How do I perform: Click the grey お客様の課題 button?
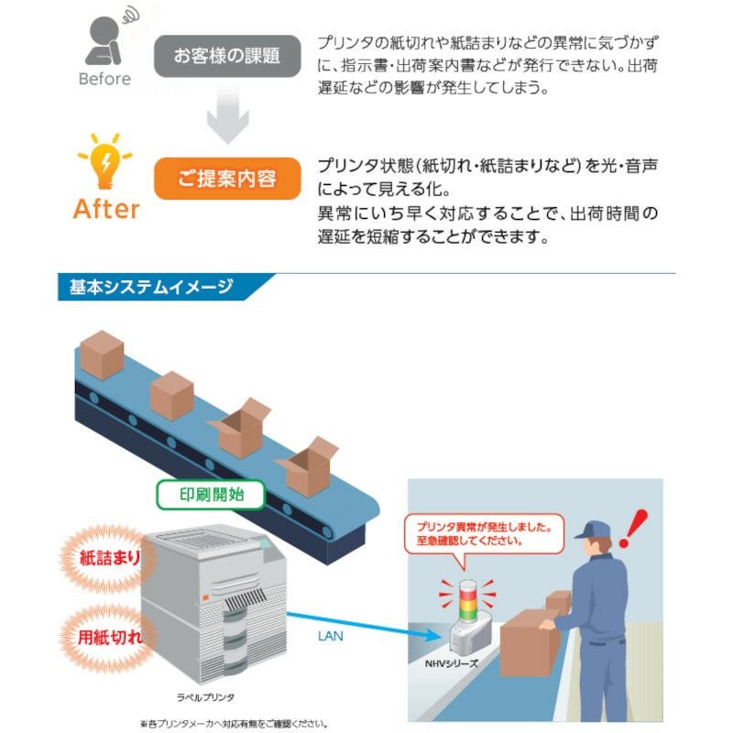click(226, 56)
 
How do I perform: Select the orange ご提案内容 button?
click(226, 178)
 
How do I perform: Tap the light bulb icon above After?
click(106, 162)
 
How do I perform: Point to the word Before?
click(104, 80)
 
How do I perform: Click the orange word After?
click(106, 209)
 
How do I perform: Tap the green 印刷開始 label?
click(211, 495)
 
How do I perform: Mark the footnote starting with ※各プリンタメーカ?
click(235, 724)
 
